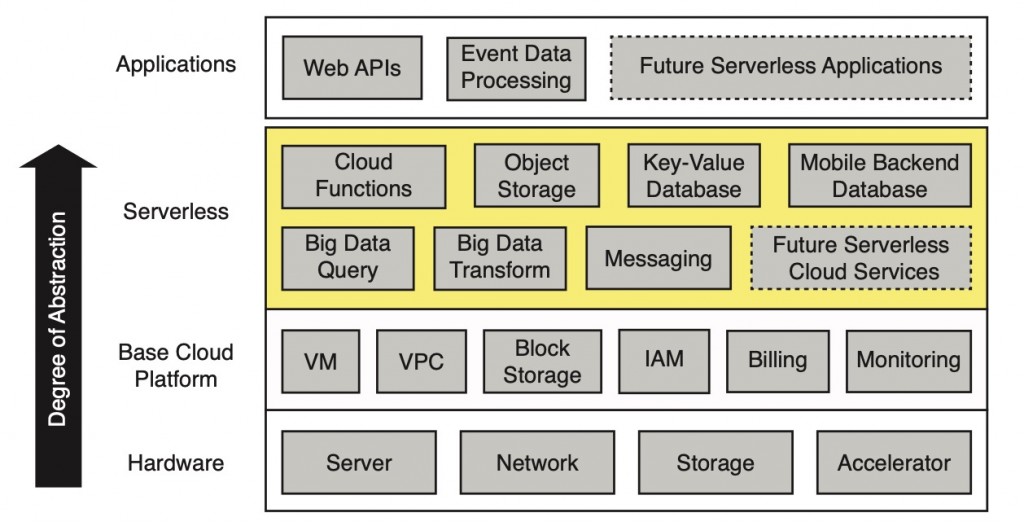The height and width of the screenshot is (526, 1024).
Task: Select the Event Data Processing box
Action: (516, 68)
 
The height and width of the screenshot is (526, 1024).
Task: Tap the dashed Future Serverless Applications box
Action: (791, 68)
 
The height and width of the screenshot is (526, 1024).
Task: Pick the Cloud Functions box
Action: (364, 176)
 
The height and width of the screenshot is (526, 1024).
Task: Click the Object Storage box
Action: (537, 176)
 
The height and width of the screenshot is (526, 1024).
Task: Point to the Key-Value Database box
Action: (694, 176)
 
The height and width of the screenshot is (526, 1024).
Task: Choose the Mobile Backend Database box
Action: (880, 176)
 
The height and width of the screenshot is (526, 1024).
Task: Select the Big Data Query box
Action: (348, 257)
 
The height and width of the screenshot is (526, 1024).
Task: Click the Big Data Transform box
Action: (500, 257)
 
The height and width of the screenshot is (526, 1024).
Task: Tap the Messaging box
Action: (658, 259)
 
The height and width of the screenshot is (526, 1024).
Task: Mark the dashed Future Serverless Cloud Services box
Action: (862, 258)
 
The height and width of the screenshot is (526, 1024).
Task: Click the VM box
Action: (320, 361)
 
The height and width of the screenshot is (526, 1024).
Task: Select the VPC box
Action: (421, 361)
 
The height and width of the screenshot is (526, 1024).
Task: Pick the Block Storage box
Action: (542, 361)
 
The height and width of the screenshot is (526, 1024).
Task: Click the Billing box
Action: (777, 361)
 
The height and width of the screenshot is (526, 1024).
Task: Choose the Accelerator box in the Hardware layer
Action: (894, 463)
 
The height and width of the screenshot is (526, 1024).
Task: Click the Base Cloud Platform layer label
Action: (176, 365)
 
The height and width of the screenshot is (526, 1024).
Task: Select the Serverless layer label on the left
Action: (176, 212)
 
